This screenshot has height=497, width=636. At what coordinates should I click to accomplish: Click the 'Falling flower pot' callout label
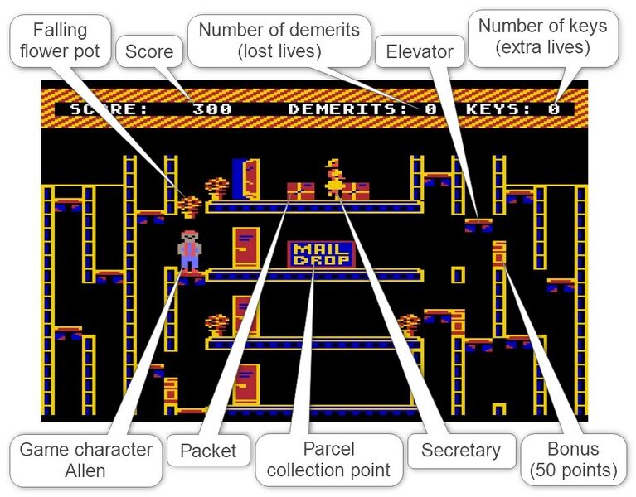60,41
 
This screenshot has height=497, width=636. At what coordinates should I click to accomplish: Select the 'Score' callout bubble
149,51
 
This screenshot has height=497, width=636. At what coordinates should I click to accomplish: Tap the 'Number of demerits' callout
279,41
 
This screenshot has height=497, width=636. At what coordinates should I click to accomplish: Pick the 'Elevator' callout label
420,51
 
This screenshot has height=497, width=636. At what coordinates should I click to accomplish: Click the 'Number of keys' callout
543,37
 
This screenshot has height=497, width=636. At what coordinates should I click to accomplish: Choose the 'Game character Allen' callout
85,461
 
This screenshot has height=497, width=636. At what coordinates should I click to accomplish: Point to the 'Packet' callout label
208,451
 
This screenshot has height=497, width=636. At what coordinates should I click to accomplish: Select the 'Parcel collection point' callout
328,461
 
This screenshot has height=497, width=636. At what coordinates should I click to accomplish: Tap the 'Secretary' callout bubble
461,451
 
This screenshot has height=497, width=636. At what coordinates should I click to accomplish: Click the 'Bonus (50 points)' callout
574,461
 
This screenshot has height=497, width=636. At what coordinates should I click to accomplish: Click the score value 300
212,109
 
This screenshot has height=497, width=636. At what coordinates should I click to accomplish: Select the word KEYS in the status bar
498,109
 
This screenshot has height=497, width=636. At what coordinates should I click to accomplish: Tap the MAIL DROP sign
321,255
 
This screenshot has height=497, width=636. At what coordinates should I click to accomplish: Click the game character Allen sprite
189,251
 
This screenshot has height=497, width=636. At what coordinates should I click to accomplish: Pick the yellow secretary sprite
335,179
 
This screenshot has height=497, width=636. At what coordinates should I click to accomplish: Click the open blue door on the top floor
245,179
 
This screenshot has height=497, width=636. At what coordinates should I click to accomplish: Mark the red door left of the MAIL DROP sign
245,248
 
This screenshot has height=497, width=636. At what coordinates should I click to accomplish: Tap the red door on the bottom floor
245,384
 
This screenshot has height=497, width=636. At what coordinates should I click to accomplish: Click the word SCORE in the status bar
109,109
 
